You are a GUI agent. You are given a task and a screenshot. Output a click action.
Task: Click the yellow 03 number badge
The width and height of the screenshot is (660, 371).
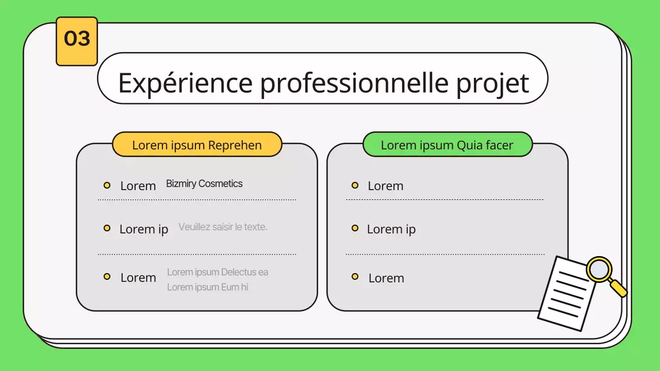click(77, 41)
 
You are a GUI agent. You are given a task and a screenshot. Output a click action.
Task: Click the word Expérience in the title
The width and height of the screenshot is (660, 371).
click(185, 83)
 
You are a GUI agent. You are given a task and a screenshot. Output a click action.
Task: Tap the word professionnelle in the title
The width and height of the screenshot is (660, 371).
click(354, 83)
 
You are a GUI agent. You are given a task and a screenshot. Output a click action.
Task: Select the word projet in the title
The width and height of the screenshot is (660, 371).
click(492, 83)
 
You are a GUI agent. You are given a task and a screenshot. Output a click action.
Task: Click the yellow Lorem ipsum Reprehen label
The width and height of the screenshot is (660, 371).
click(197, 144)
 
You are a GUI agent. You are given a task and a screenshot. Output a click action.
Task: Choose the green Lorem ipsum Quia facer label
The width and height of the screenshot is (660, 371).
click(448, 144)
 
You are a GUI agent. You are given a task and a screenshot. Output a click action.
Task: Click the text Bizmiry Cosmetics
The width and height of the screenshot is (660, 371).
click(204, 184)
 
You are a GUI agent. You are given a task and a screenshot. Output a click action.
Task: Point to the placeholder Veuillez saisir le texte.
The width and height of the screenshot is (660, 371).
click(223, 227)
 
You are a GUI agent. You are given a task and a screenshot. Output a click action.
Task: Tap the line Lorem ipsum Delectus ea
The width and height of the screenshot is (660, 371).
click(218, 272)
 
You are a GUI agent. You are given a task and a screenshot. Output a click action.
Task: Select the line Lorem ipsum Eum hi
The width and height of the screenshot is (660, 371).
click(207, 287)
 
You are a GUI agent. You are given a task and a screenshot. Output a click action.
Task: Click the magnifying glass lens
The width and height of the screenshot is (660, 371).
click(599, 269)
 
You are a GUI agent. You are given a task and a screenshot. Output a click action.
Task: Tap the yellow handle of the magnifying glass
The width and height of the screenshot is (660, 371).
click(618, 288)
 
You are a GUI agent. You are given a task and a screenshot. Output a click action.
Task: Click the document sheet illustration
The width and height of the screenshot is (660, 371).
click(568, 294)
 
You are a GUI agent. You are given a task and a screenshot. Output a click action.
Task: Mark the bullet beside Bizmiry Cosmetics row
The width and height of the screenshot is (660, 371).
click(107, 185)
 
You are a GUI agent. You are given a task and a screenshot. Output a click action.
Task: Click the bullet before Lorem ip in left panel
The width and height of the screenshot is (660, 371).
click(107, 228)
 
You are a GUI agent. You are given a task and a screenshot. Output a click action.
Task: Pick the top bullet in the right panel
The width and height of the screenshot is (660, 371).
click(355, 185)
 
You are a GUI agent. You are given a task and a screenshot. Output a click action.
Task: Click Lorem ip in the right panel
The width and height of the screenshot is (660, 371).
click(391, 229)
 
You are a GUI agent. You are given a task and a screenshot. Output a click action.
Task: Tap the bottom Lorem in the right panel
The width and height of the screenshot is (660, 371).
click(386, 278)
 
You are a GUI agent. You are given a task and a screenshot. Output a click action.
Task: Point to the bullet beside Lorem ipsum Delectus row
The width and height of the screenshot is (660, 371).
click(107, 277)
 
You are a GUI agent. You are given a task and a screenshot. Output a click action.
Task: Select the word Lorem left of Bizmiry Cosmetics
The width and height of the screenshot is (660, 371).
click(138, 186)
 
